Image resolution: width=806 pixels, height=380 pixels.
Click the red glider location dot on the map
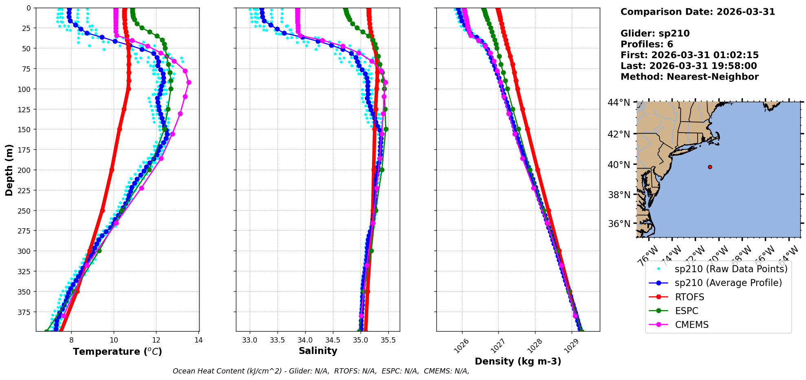point(710,167)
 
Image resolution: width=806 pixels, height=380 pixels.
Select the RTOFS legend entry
point(689,297)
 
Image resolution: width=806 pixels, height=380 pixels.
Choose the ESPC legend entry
point(687,311)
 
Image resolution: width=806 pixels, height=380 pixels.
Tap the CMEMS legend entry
point(691,325)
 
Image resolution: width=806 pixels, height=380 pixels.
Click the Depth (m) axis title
point(9,170)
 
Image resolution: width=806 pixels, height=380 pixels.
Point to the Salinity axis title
point(318,351)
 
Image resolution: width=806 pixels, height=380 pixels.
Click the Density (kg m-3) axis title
point(518,361)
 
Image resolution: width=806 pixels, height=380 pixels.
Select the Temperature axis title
point(117,352)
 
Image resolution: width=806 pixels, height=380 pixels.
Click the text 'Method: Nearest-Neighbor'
point(689,77)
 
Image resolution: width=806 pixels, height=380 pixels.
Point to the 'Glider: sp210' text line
point(655,33)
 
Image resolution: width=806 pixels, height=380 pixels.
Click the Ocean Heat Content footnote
point(321,371)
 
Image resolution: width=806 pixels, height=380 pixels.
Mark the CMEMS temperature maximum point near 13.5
point(189,82)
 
